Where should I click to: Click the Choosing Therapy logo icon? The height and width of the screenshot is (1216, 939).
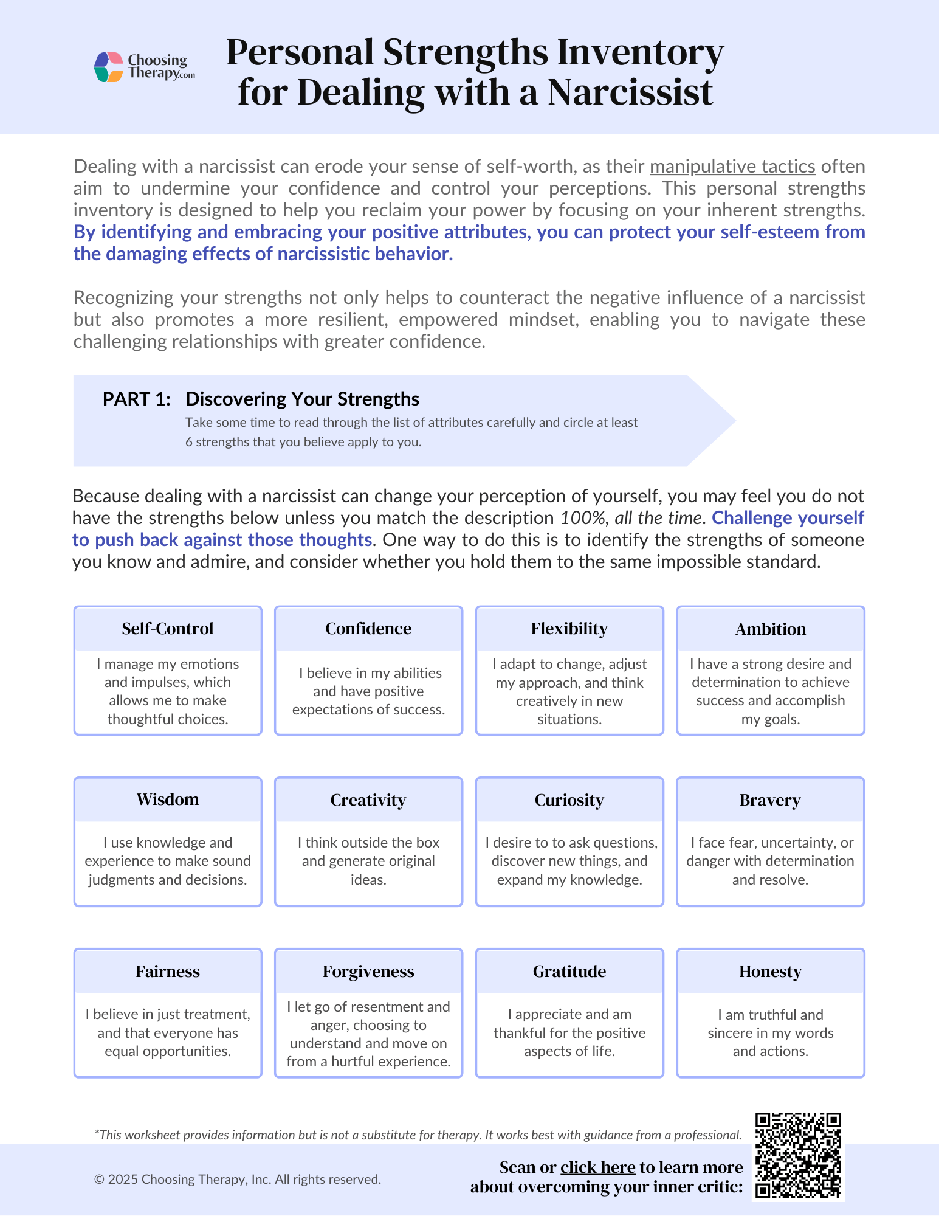coord(109,67)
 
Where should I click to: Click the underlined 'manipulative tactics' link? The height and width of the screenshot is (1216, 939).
coord(732,166)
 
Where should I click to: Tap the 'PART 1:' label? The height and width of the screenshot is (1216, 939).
coord(136,399)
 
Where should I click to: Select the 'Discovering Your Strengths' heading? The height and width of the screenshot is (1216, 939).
coord(302,399)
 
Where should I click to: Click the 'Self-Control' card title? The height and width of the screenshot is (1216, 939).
coord(168,629)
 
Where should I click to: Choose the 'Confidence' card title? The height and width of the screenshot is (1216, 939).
coord(368,629)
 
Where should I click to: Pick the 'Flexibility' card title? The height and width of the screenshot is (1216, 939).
coord(569,629)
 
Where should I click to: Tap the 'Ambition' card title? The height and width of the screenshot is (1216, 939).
coord(770,629)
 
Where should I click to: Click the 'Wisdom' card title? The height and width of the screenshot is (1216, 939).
coord(168,800)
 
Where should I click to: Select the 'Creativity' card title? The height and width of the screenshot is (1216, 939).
coord(368,800)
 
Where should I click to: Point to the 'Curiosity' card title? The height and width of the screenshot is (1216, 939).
coord(569,800)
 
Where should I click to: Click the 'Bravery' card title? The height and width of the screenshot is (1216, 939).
coord(770,800)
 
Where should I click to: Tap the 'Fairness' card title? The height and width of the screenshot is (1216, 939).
coord(168,972)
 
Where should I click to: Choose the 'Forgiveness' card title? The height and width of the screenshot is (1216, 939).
coord(368,972)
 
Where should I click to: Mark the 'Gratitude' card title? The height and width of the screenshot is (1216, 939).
coord(569,972)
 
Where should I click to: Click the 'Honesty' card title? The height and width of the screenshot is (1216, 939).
coord(770,972)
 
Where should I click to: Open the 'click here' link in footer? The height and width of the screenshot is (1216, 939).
coord(597,1167)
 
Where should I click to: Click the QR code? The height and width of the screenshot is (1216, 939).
coord(797,1155)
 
